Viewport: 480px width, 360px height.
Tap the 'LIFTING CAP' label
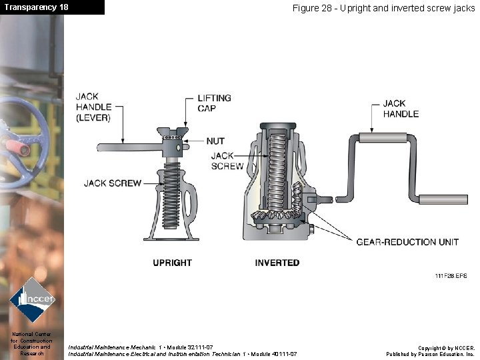[214, 103]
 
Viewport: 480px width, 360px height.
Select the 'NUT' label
[215, 141]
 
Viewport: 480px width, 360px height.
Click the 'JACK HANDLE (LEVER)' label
[94, 107]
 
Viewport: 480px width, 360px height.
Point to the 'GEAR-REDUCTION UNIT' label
[407, 242]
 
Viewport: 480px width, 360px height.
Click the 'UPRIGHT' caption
[172, 263]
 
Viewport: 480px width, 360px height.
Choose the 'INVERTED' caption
[277, 263]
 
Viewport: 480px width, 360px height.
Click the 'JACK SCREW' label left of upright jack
[112, 183]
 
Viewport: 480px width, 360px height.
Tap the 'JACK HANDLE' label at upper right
[401, 109]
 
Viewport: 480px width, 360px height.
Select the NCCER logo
[31, 299]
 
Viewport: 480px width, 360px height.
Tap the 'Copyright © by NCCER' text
[447, 348]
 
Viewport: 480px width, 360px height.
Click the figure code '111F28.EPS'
[451, 275]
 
